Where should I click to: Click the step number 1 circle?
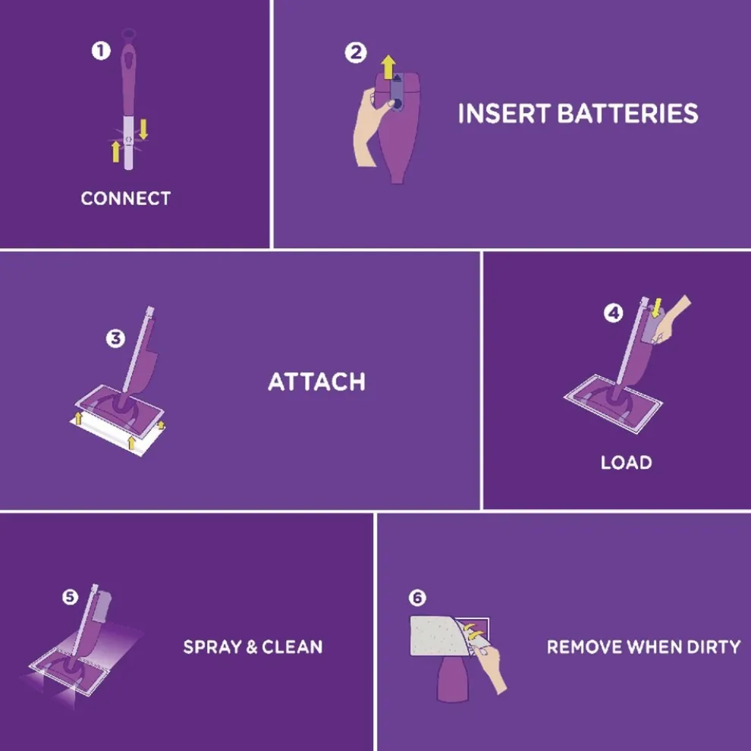pyautogui.click(x=101, y=51)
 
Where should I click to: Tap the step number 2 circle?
pyautogui.click(x=355, y=52)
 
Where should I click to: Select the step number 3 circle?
pyautogui.click(x=115, y=338)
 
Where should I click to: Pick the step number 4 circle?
pyautogui.click(x=613, y=313)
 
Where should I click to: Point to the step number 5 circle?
pyautogui.click(x=70, y=597)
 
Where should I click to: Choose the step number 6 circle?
pyautogui.click(x=417, y=598)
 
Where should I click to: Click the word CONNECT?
pyautogui.click(x=125, y=198)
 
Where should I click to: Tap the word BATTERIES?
pyautogui.click(x=627, y=114)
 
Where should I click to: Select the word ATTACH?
pyautogui.click(x=316, y=382)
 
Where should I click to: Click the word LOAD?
pyautogui.click(x=627, y=462)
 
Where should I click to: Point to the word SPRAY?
pyautogui.click(x=212, y=647)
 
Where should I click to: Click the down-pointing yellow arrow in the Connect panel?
pyautogui.click(x=143, y=129)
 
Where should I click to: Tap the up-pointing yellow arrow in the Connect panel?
pyautogui.click(x=115, y=152)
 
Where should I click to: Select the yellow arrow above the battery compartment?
pyautogui.click(x=388, y=67)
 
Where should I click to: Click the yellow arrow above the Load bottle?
pyautogui.click(x=657, y=307)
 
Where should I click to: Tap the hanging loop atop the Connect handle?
pyautogui.click(x=128, y=35)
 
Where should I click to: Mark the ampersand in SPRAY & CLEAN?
pyautogui.click(x=251, y=647)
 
